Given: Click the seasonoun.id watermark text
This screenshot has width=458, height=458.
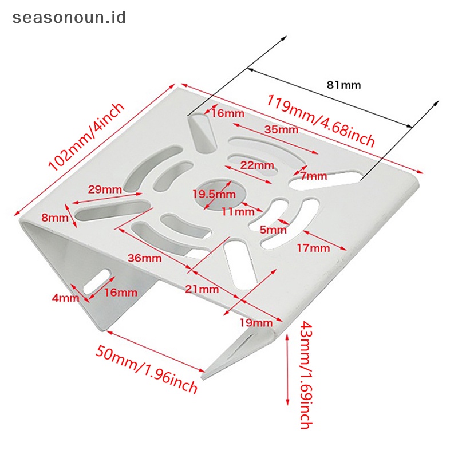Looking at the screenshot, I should point(69,17).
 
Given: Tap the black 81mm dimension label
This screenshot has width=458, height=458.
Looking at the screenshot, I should point(343,85).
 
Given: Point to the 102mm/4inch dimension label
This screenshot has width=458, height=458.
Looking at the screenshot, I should point(85,137).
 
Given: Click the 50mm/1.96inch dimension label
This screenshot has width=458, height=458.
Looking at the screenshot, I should point(147,369).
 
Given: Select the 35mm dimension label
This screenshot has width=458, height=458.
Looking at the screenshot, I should point(281,129).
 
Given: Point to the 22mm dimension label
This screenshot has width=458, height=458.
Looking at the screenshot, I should point(257,165).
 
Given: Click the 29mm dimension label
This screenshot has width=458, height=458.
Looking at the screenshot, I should point(105,189).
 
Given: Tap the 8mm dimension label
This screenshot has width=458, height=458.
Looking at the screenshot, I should point(54,218).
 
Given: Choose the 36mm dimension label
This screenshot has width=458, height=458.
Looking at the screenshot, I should point(144,258).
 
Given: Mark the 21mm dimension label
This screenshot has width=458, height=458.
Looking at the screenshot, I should point(202,289).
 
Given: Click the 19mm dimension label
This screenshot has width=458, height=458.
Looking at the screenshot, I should point(256,322).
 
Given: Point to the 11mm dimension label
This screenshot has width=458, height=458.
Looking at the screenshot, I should point(237,211).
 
